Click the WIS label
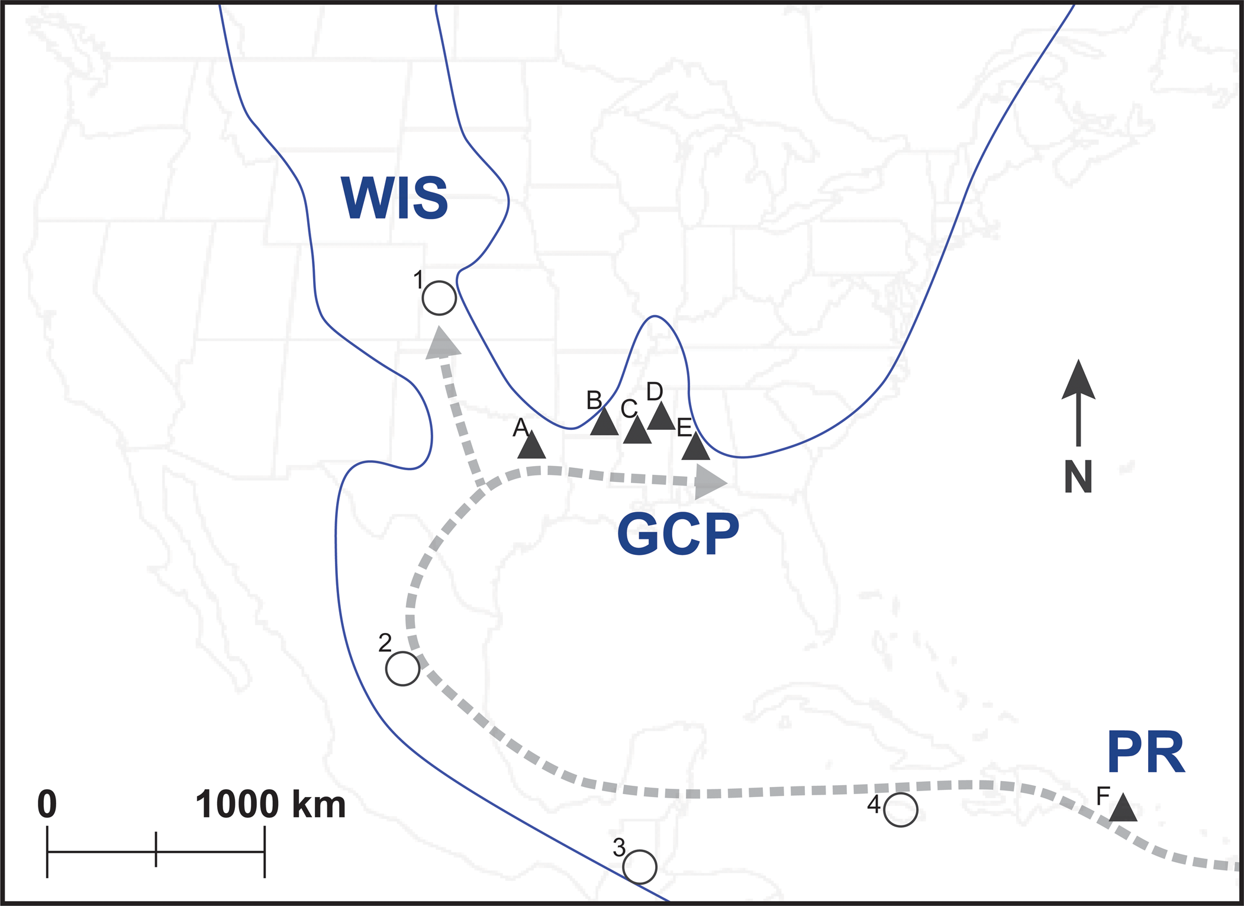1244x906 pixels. tap(394, 198)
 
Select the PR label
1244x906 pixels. tap(1146, 753)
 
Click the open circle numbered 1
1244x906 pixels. tap(439, 298)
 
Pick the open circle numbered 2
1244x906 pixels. tap(402, 669)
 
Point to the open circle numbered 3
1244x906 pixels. tap(640, 867)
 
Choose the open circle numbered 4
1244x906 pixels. tap(901, 809)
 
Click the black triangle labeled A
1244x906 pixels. tap(531, 446)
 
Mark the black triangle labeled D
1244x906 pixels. tap(661, 418)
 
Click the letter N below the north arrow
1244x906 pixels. tap(1078, 477)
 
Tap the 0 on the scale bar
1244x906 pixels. tap(47, 804)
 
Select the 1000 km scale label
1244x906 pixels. tap(270, 804)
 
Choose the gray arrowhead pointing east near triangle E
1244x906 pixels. tap(709, 482)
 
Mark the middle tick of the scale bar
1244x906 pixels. tap(156, 850)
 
